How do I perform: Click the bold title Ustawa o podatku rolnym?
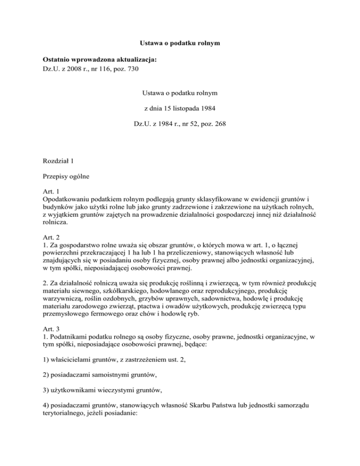click(x=180, y=44)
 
